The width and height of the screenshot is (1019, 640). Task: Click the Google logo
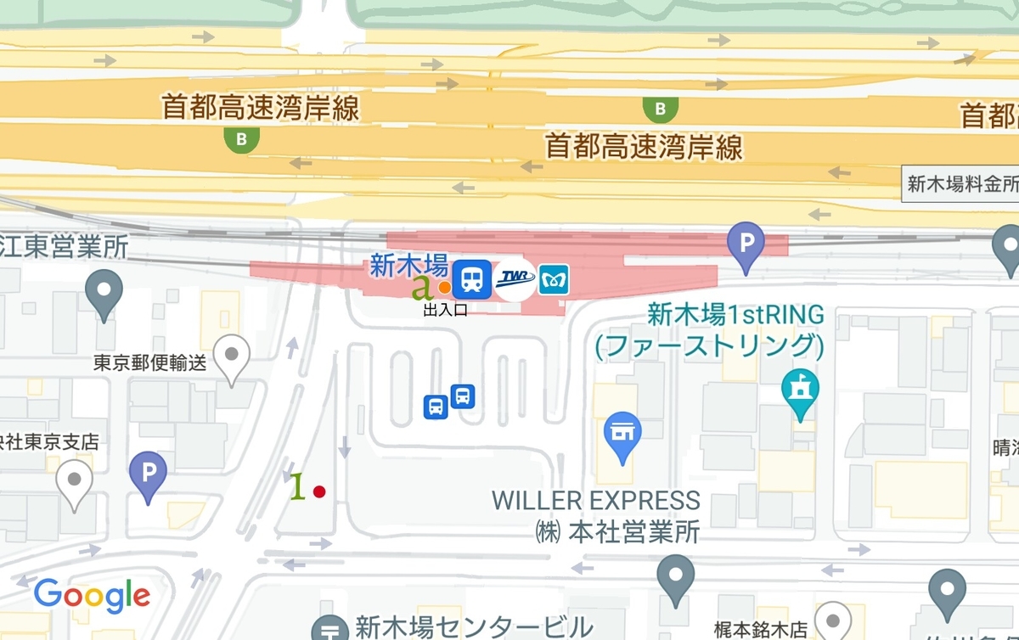(x=92, y=596)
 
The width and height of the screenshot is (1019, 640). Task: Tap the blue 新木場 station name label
(x=408, y=266)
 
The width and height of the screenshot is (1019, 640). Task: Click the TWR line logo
(x=515, y=279)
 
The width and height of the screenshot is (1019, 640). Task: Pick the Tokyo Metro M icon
(x=553, y=280)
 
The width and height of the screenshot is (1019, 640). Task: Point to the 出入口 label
(x=446, y=311)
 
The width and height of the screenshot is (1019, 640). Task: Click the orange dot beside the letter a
(x=444, y=287)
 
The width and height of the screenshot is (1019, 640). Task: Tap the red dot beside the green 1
(x=319, y=491)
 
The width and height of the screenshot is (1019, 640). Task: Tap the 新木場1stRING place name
(x=735, y=315)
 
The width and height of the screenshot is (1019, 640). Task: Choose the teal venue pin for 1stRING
(x=801, y=392)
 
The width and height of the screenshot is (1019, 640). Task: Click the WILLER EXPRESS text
(x=596, y=500)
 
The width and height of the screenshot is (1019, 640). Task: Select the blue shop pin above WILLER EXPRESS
(x=622, y=435)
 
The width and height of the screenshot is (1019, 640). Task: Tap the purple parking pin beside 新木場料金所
(x=746, y=247)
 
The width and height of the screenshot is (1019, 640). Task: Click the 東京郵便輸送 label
(x=150, y=363)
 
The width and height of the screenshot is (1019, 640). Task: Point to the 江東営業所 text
(x=64, y=246)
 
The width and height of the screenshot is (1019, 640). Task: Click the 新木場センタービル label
(x=474, y=627)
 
